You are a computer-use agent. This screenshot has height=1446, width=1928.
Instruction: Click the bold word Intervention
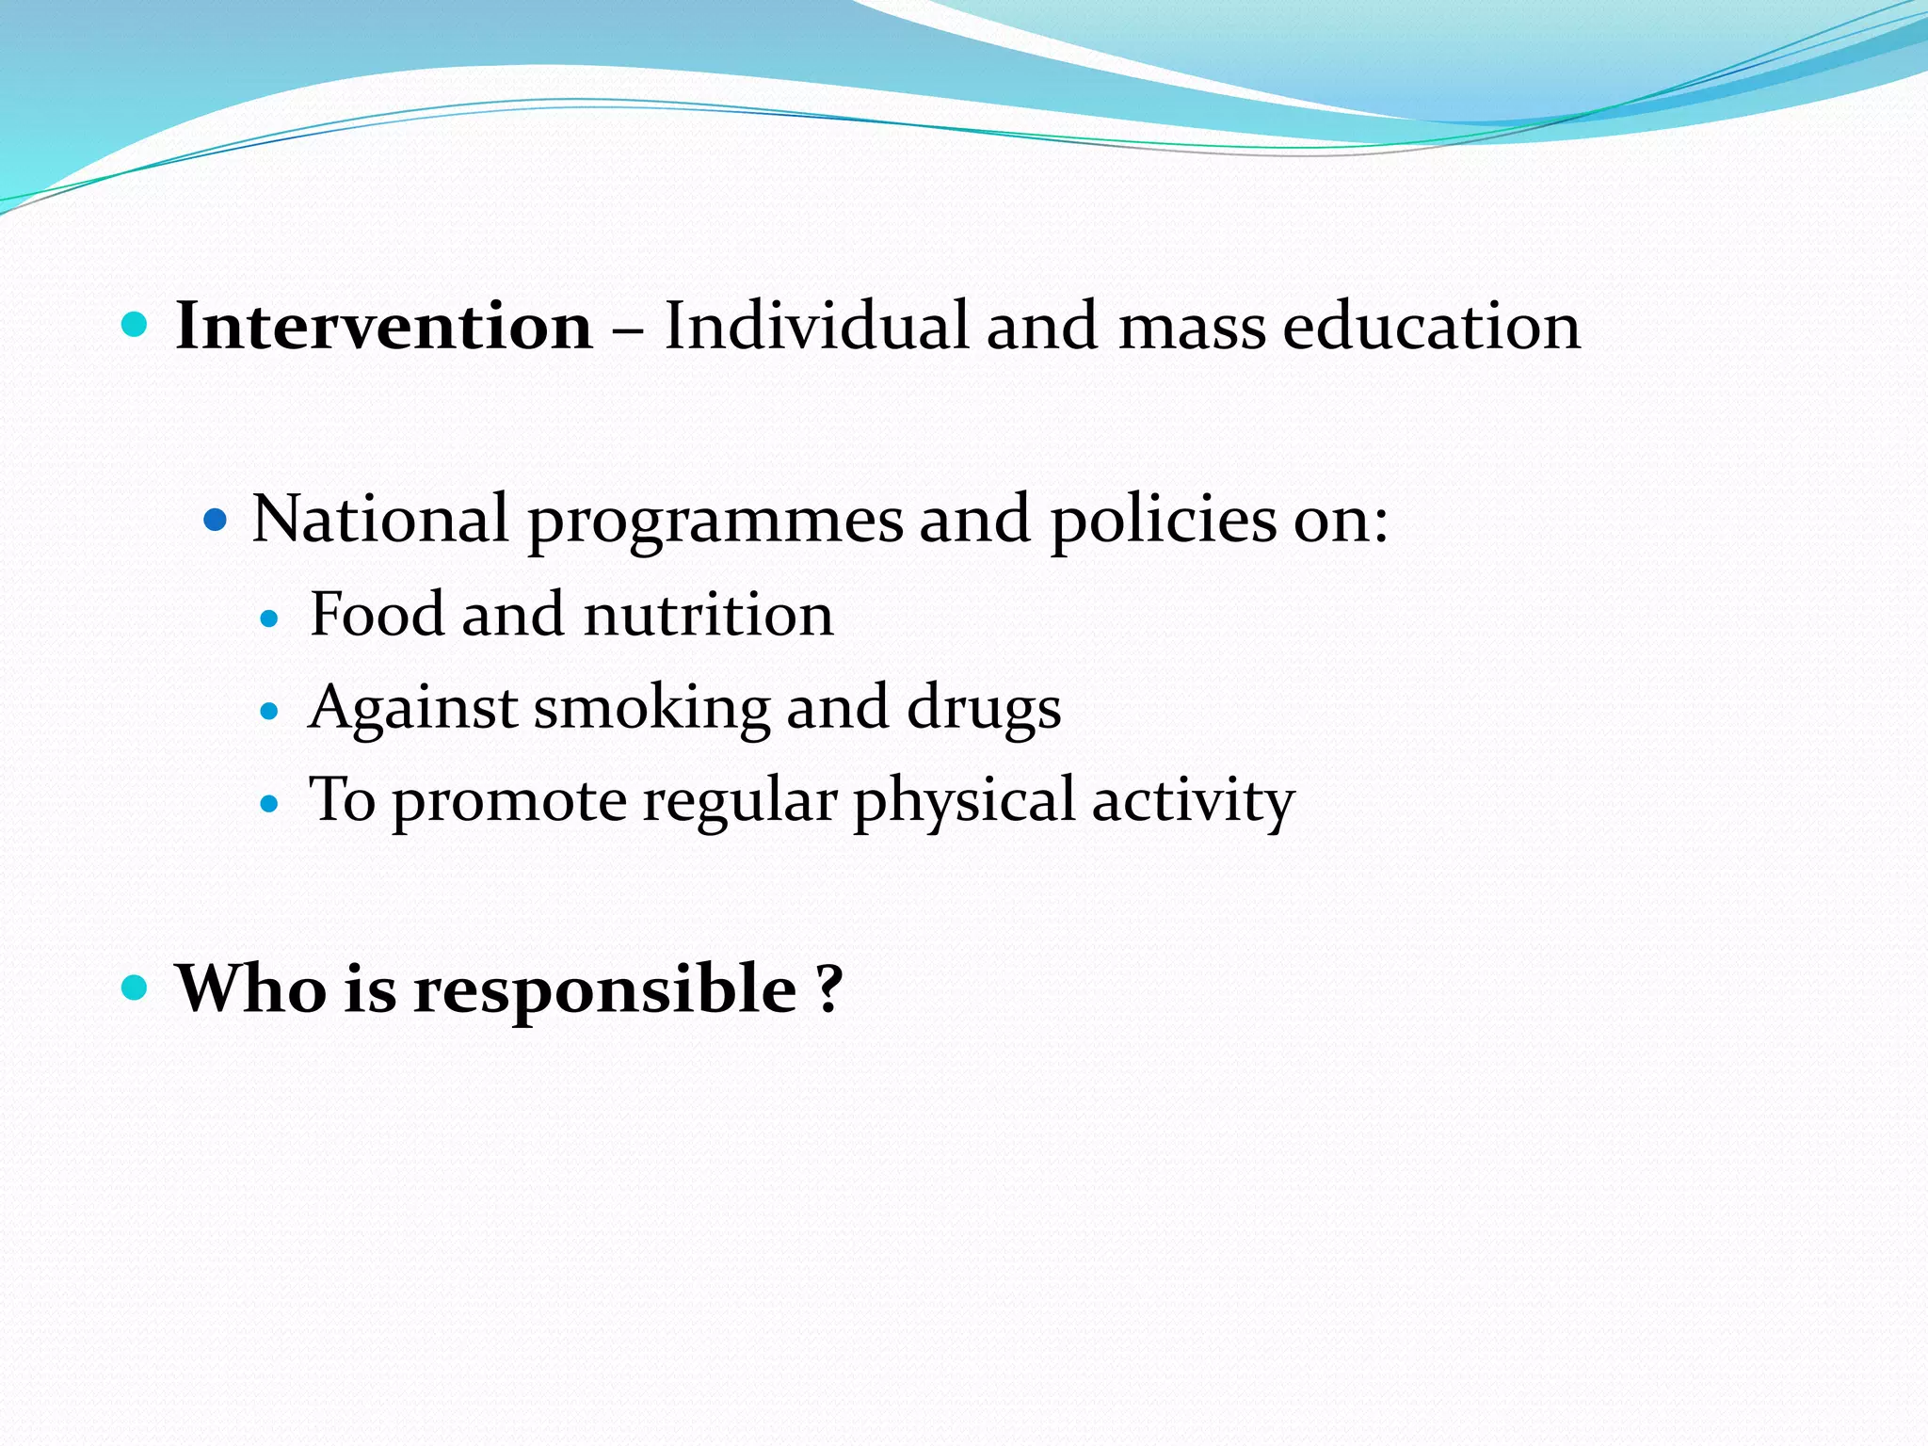384,327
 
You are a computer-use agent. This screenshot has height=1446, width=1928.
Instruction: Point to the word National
380,519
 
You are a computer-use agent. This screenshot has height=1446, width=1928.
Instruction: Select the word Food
377,615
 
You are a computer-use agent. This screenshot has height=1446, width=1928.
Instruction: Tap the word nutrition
708,615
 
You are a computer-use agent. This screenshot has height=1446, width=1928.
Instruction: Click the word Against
412,709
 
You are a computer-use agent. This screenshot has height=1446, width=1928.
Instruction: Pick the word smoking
651,709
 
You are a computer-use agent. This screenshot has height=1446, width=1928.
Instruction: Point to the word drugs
984,709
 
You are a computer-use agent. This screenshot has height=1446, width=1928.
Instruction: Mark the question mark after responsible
828,988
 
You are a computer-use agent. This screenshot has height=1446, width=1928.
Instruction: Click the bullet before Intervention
136,327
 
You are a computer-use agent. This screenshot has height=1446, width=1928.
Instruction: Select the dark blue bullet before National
216,519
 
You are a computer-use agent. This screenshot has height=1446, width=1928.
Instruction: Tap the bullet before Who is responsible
136,988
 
